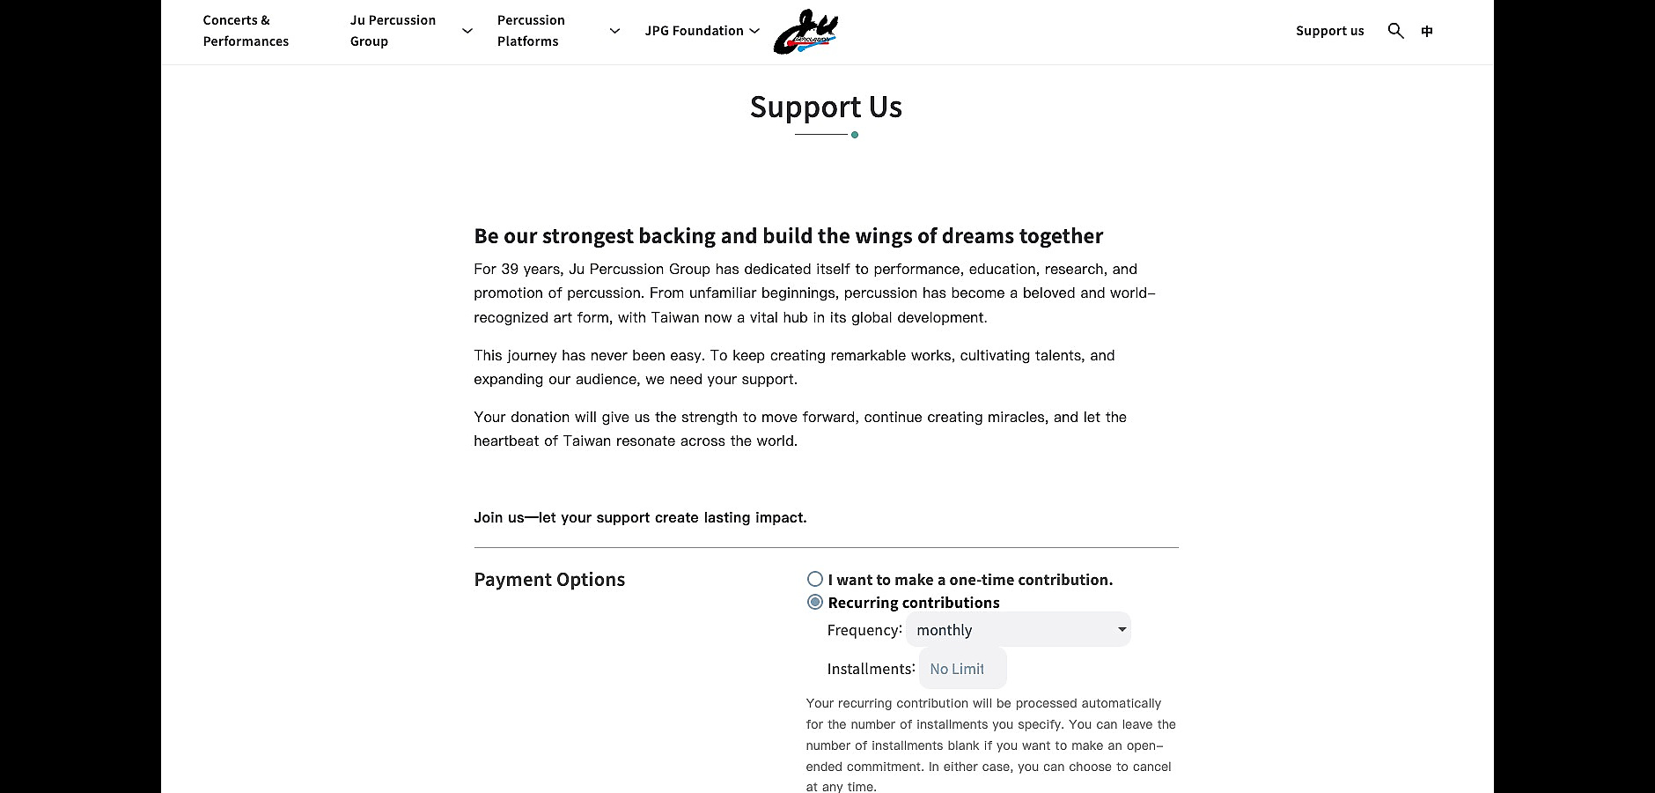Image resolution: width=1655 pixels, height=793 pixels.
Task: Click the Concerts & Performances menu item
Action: [x=245, y=31]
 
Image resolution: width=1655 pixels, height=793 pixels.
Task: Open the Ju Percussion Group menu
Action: [x=393, y=31]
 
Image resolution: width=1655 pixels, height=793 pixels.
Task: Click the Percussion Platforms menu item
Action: [x=531, y=31]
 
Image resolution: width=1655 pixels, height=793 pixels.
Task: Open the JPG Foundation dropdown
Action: [x=702, y=31]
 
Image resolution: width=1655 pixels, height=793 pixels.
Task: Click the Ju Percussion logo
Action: [x=805, y=33]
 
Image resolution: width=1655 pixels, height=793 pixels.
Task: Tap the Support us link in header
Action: [x=1329, y=31]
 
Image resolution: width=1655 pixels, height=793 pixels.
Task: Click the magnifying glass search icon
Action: [x=1395, y=31]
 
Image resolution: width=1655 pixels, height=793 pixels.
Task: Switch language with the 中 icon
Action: [x=1427, y=31]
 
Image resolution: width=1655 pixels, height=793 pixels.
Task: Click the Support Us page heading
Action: [x=826, y=107]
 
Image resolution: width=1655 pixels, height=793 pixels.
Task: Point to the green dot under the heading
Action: [x=855, y=135]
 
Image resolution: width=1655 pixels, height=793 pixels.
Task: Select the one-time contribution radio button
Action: [x=815, y=579]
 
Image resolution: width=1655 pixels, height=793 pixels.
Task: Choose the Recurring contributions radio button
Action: [x=815, y=602]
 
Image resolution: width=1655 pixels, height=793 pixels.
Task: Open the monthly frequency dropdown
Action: [x=1019, y=629]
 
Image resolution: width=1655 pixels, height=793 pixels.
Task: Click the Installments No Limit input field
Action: [x=962, y=669]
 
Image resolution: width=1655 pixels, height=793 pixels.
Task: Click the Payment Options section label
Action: [x=549, y=580]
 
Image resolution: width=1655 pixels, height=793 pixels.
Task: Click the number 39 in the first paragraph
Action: [x=511, y=270]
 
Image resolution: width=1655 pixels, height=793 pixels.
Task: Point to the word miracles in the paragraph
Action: [x=1019, y=418]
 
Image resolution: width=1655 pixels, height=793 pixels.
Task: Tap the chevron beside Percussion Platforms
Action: [x=614, y=31]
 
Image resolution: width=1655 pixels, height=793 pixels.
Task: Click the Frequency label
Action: [x=864, y=630]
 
